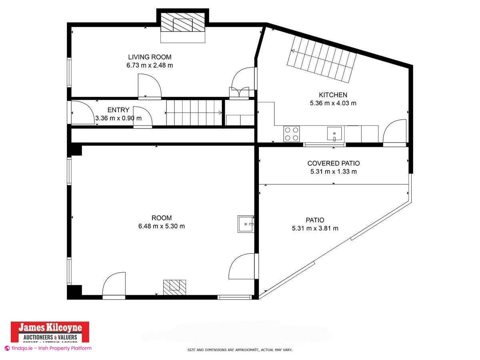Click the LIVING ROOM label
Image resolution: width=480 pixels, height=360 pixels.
coord(150,57)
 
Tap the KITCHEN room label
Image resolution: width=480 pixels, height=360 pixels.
coord(333,95)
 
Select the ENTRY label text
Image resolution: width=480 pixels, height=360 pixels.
coord(118,110)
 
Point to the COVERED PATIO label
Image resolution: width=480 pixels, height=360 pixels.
coord(333,163)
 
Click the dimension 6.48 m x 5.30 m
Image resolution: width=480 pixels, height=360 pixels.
coord(162,226)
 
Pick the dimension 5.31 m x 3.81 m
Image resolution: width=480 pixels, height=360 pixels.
coord(315,228)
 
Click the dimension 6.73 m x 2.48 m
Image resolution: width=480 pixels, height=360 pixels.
coord(150,65)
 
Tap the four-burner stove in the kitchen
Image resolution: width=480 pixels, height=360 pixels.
coord(292,134)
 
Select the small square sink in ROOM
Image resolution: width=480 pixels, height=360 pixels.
coord(246,224)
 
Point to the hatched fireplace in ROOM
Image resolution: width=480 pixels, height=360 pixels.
coord(175,286)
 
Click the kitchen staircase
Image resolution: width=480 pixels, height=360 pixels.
coord(322,59)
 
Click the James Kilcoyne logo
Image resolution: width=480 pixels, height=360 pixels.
coord(50,332)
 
